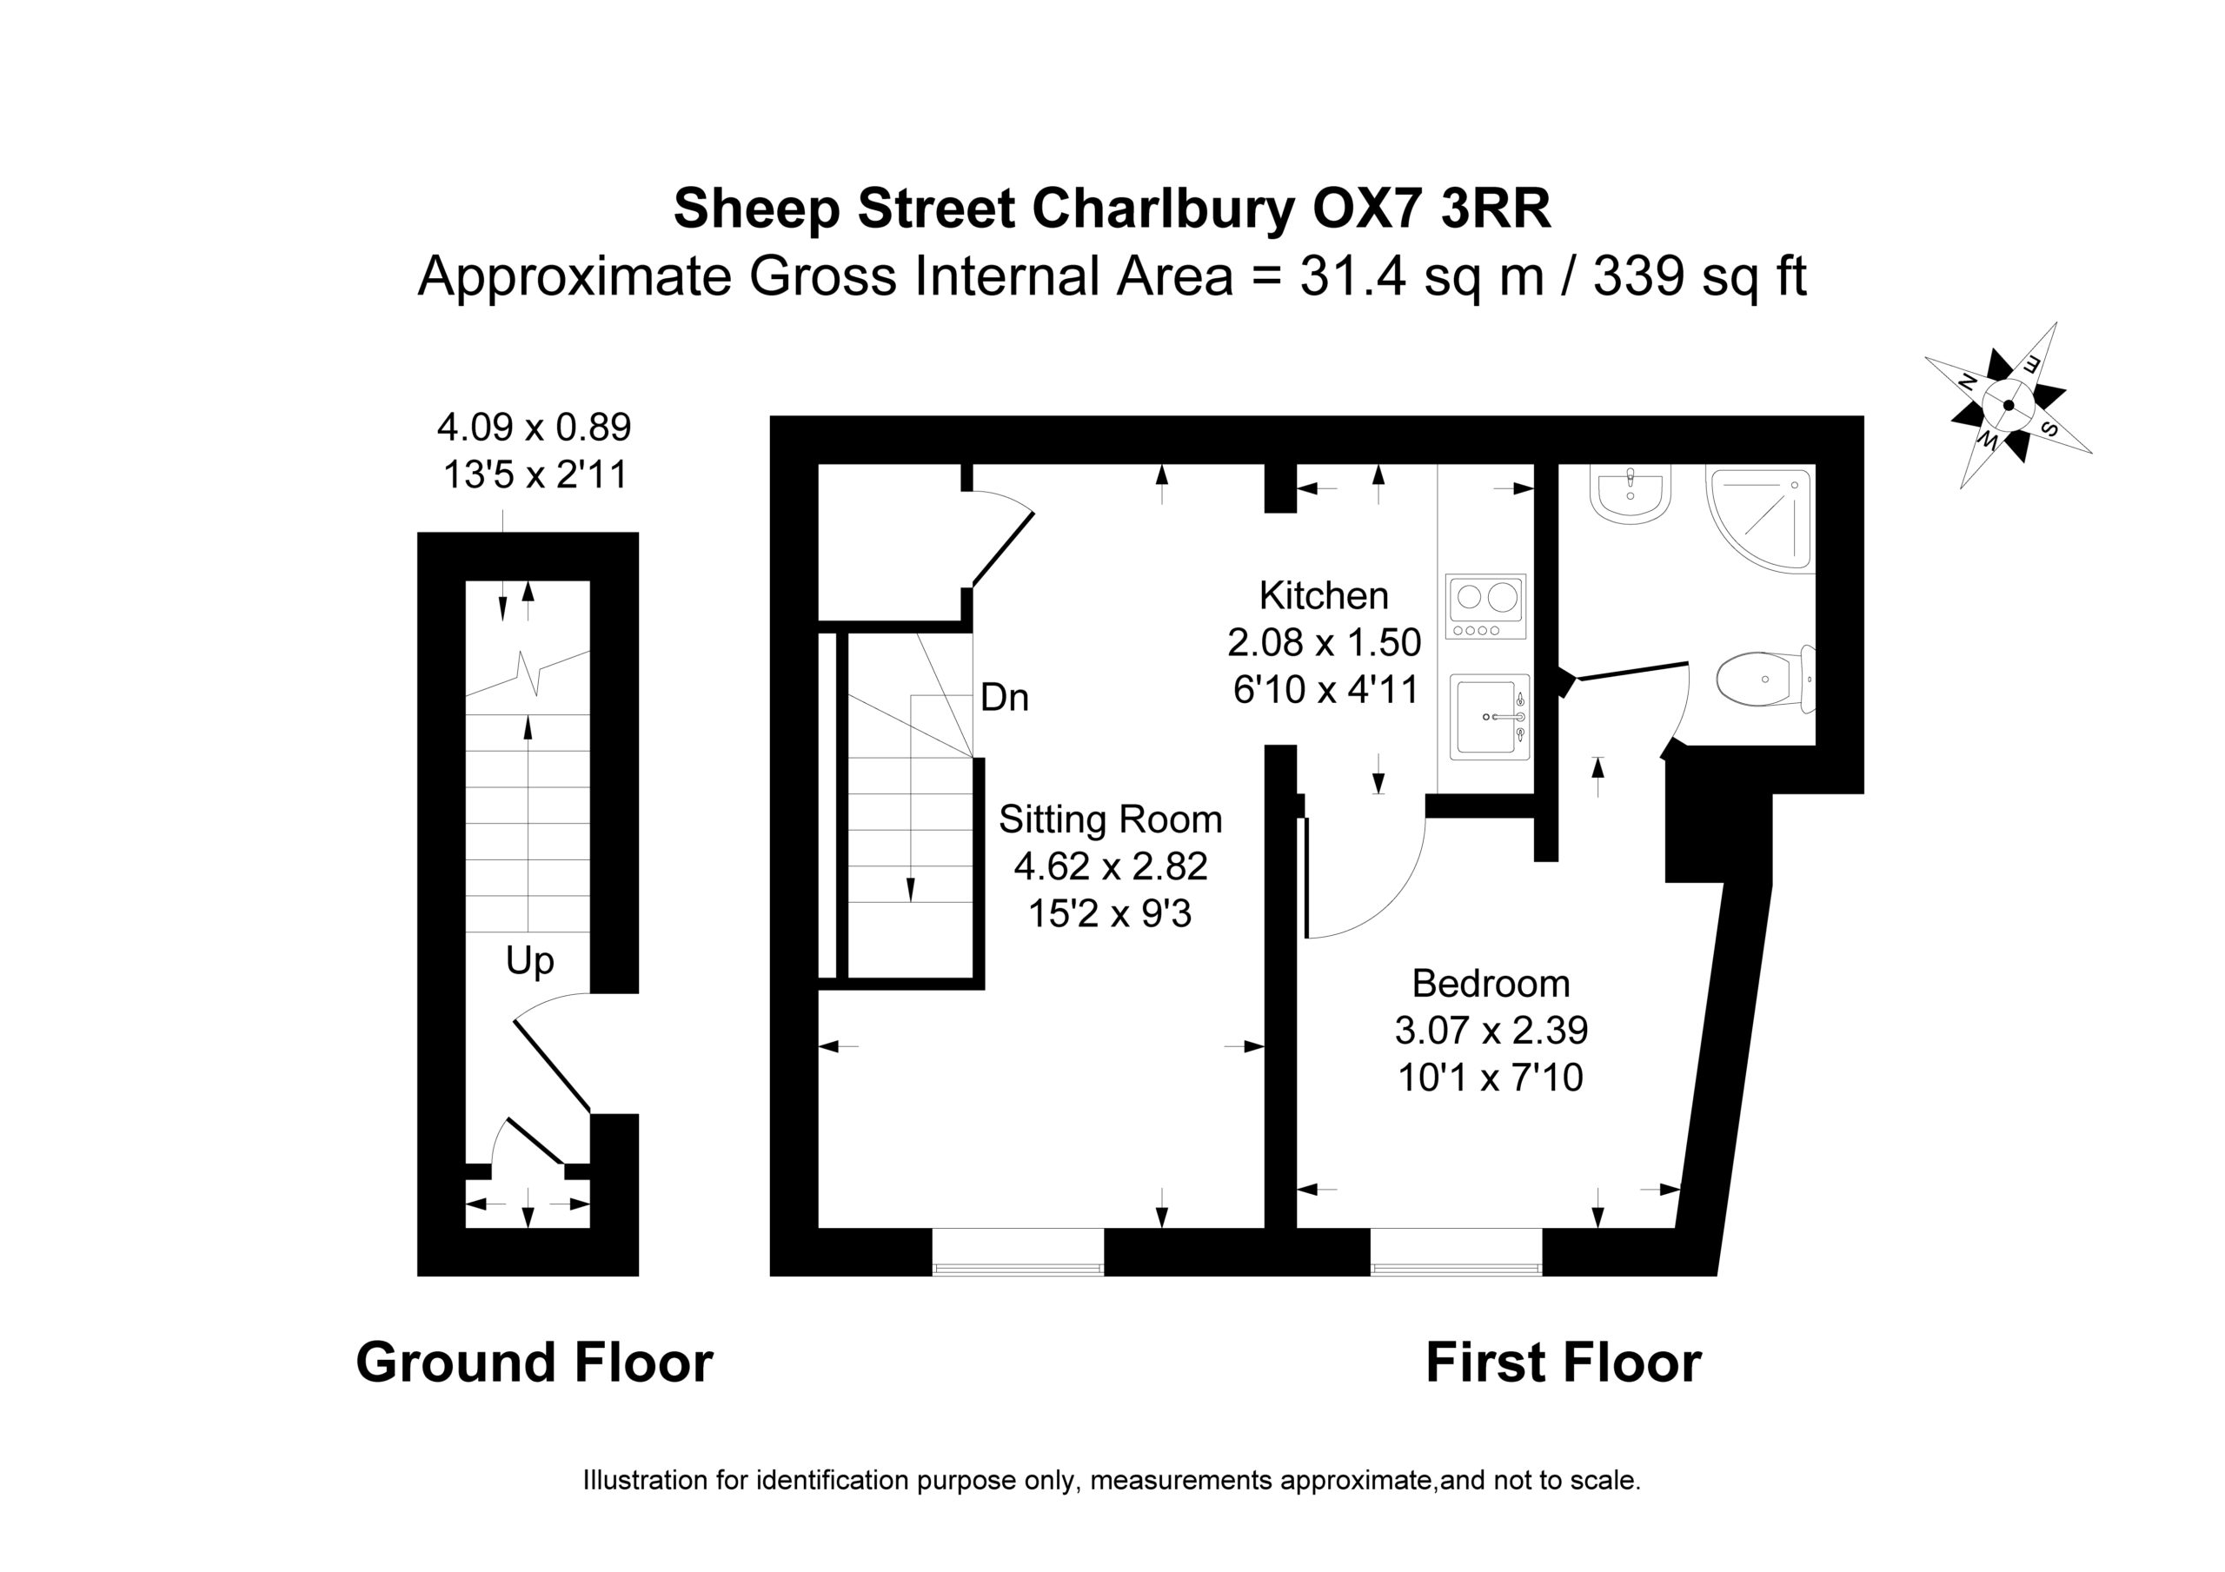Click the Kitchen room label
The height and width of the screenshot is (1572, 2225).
point(1324,595)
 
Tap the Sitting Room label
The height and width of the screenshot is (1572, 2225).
point(1111,820)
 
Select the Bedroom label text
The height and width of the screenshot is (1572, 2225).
point(1491,984)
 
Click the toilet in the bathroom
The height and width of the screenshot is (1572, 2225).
point(1764,679)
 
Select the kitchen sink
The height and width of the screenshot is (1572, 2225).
point(1491,717)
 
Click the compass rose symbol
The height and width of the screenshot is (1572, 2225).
point(2008,405)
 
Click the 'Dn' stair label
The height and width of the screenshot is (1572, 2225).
point(1004,698)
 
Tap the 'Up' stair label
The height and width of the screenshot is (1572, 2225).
point(530,961)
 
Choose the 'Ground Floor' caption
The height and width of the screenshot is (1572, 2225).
point(535,1363)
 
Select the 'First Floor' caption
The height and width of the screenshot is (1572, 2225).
point(1563,1363)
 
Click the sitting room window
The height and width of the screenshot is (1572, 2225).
point(1018,1251)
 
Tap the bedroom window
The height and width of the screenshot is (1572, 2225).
point(1456,1251)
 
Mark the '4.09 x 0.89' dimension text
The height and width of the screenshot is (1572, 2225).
point(534,427)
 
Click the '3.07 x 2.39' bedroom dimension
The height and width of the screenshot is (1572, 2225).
point(1491,1031)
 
